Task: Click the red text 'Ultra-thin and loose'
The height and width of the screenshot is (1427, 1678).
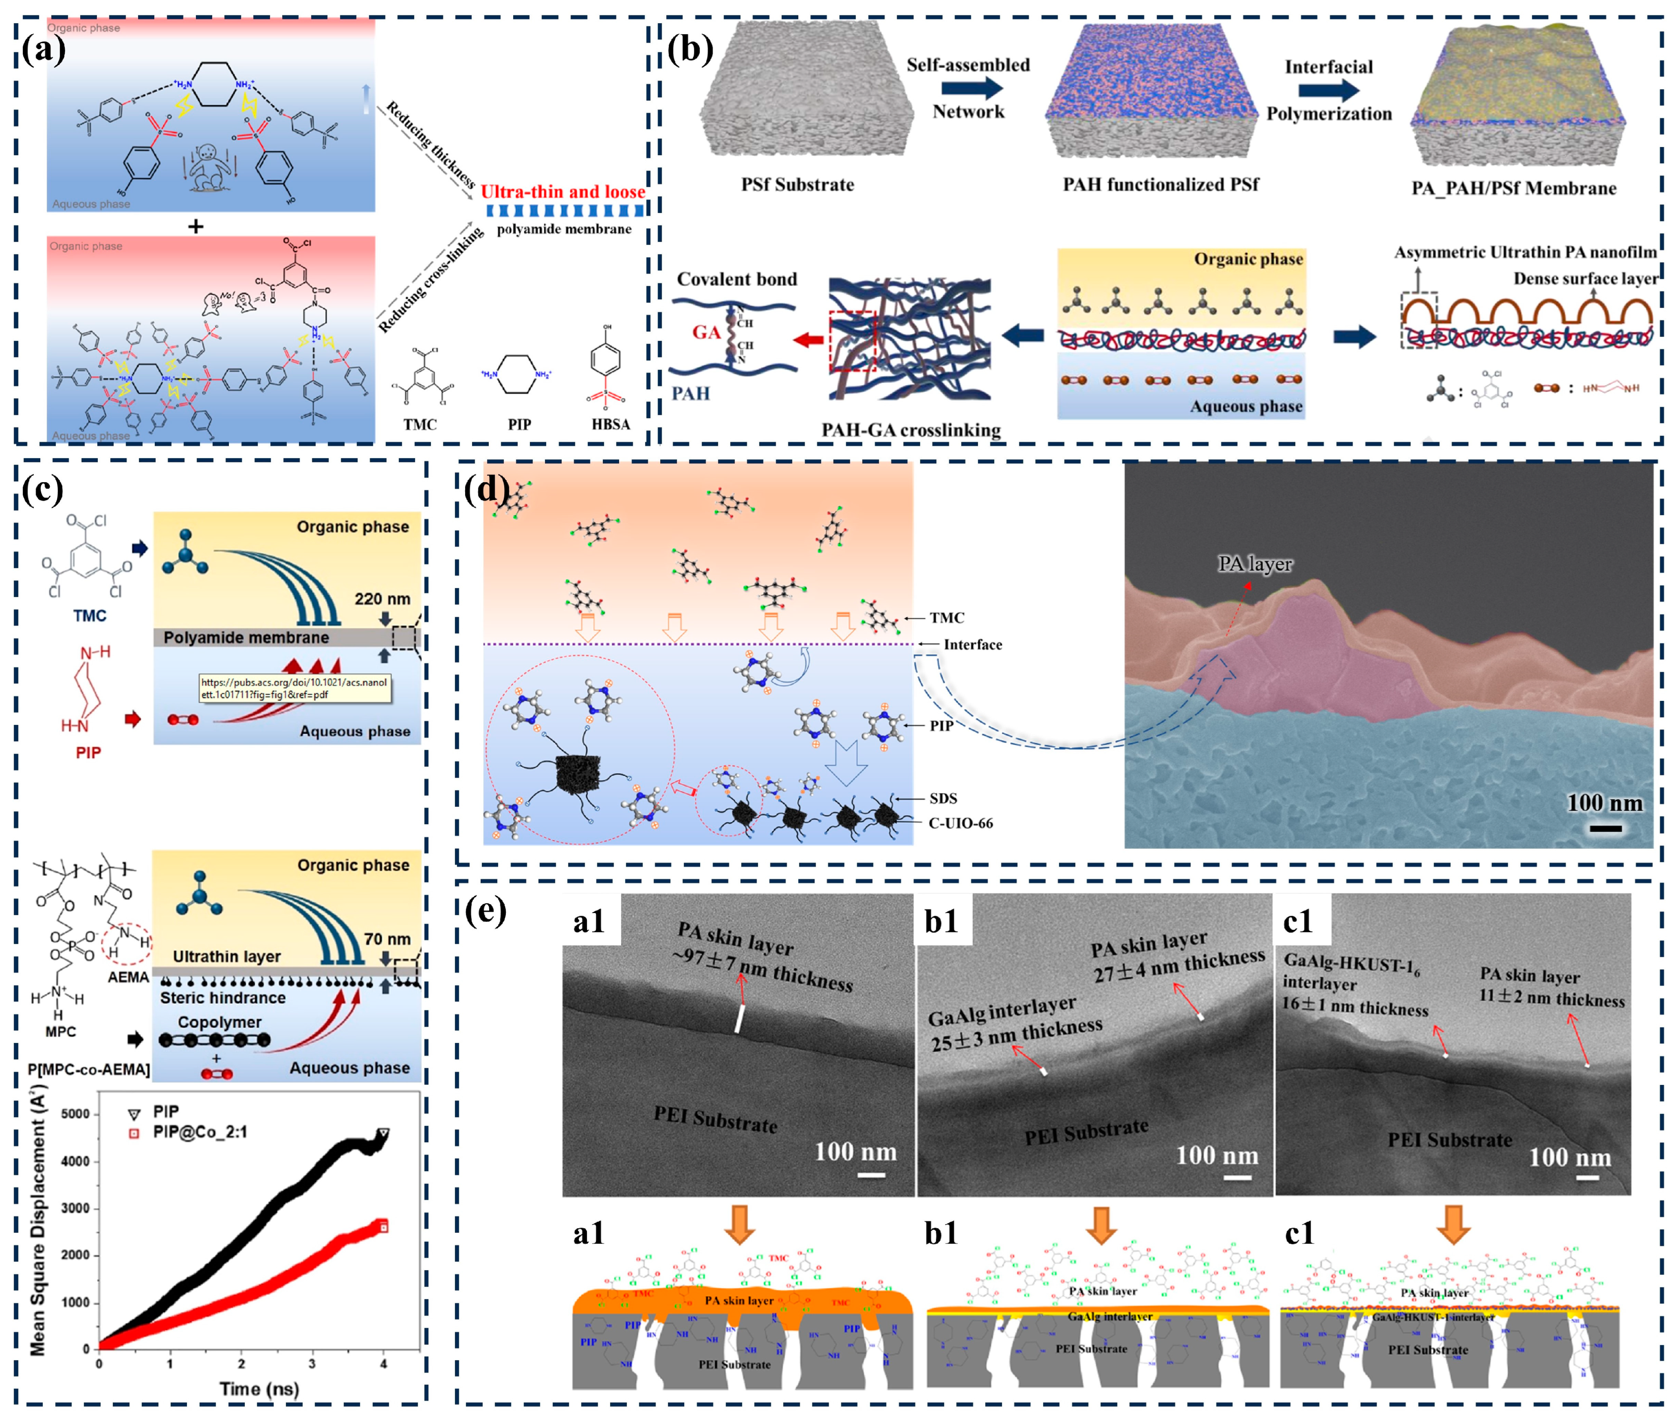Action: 562,192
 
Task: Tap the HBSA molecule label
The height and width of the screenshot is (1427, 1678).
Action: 610,424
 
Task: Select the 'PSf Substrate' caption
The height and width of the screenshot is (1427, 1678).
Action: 797,184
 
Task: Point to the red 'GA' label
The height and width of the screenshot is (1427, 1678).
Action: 706,332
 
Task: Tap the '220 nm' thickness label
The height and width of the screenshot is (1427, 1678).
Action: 382,599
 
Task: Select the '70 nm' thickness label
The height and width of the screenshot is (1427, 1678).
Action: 387,938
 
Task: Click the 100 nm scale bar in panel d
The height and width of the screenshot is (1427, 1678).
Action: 1605,828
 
